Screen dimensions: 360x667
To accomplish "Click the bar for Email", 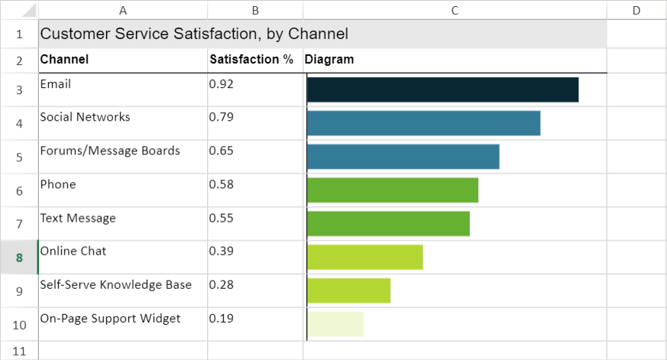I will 442,89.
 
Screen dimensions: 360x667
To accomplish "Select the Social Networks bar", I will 423,123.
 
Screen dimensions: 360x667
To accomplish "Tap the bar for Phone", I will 392,190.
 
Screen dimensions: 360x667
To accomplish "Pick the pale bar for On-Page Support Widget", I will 335,324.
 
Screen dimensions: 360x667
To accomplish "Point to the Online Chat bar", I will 364,258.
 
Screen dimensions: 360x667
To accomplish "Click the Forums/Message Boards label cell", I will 110,151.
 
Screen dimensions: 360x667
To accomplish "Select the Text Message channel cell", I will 78,218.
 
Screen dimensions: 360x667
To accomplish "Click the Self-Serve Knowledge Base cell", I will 115,284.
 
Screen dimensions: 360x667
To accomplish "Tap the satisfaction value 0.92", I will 222,83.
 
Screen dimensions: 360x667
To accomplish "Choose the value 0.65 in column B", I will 222,151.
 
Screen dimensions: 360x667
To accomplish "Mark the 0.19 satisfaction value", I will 222,318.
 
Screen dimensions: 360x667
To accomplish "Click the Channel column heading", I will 64,60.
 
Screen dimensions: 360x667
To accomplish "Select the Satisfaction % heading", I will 251,60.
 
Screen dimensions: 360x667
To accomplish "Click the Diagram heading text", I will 329,60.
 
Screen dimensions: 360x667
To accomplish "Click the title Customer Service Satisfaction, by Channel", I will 194,34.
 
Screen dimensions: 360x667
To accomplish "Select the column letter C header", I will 455,10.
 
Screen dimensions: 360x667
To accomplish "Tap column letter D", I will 636,10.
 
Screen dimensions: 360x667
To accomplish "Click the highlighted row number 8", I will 19,258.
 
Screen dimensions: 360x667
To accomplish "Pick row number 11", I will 19,352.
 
